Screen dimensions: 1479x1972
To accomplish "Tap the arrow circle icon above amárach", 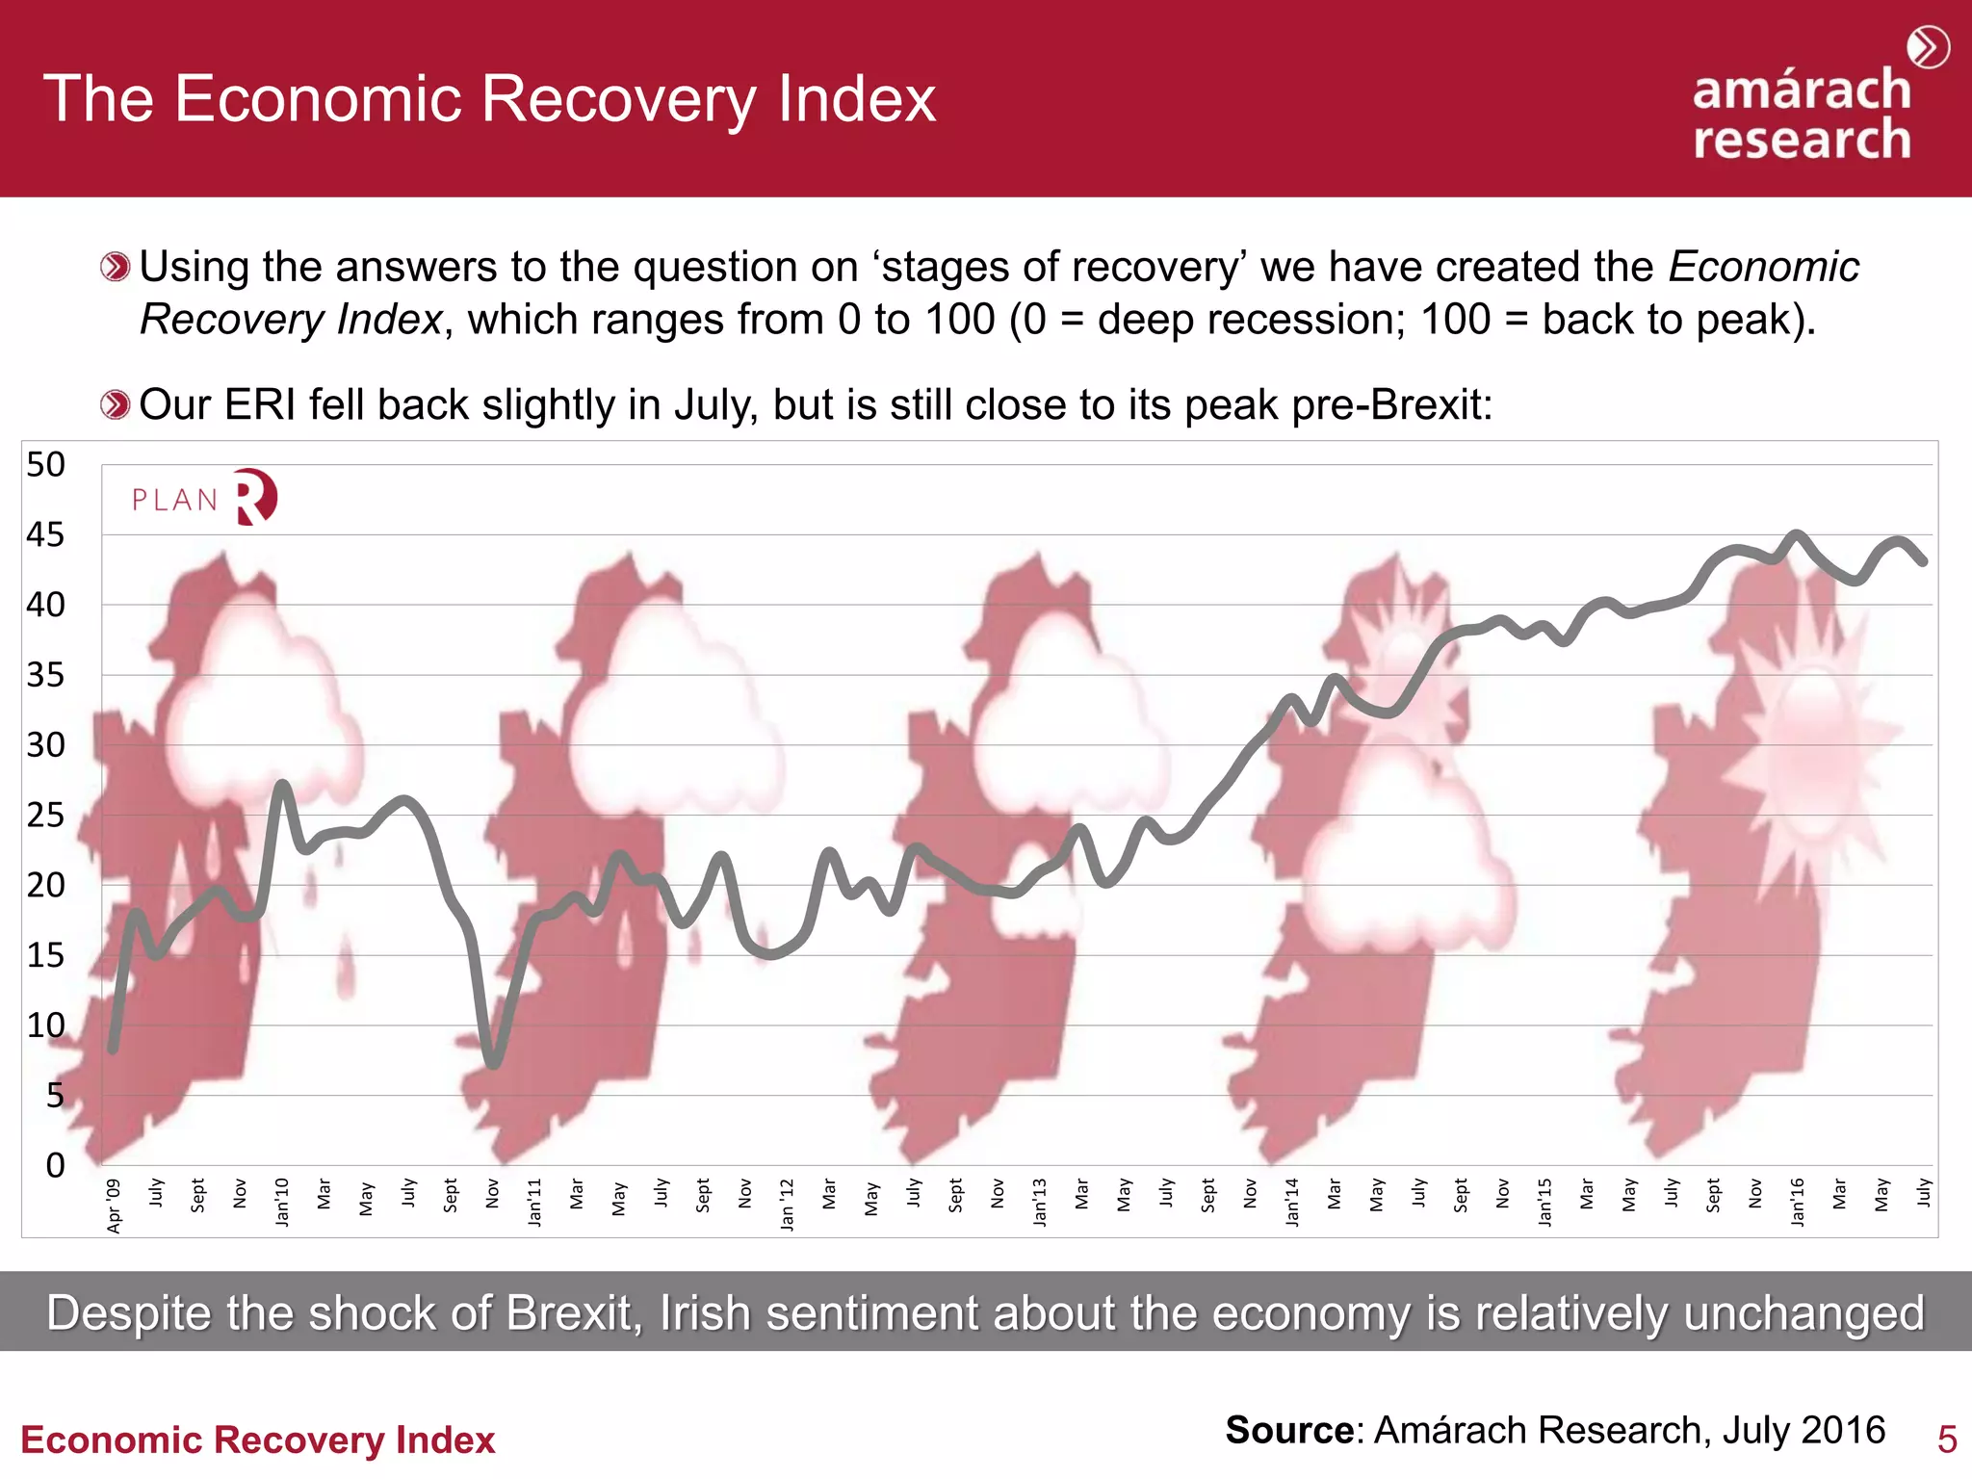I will click(x=1928, y=48).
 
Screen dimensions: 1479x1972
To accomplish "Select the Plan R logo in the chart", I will click(x=204, y=498).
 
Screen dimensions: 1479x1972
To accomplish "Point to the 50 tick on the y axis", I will click(x=45, y=465).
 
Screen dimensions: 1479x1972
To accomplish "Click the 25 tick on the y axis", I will click(x=45, y=816).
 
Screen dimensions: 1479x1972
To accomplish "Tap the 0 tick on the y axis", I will click(x=55, y=1165).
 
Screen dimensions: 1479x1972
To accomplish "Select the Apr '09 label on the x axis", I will click(x=115, y=1205).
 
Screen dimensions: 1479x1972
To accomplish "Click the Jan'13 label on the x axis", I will click(x=1040, y=1202).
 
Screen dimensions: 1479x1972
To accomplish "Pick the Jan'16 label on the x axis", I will click(x=1798, y=1202).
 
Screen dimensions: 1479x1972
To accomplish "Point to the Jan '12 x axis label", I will click(x=788, y=1204).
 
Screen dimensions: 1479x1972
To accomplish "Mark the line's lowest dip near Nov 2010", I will click(x=493, y=1063).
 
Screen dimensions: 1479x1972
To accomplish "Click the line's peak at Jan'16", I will click(x=1797, y=534).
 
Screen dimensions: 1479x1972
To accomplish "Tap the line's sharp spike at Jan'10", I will click(x=282, y=785).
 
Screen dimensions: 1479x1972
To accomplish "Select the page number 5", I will click(x=1946, y=1440).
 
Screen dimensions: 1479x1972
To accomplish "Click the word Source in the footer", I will click(x=1289, y=1431).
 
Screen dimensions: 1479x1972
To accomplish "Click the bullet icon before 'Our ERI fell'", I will click(x=115, y=405).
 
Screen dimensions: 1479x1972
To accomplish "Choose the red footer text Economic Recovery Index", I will click(x=258, y=1440).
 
